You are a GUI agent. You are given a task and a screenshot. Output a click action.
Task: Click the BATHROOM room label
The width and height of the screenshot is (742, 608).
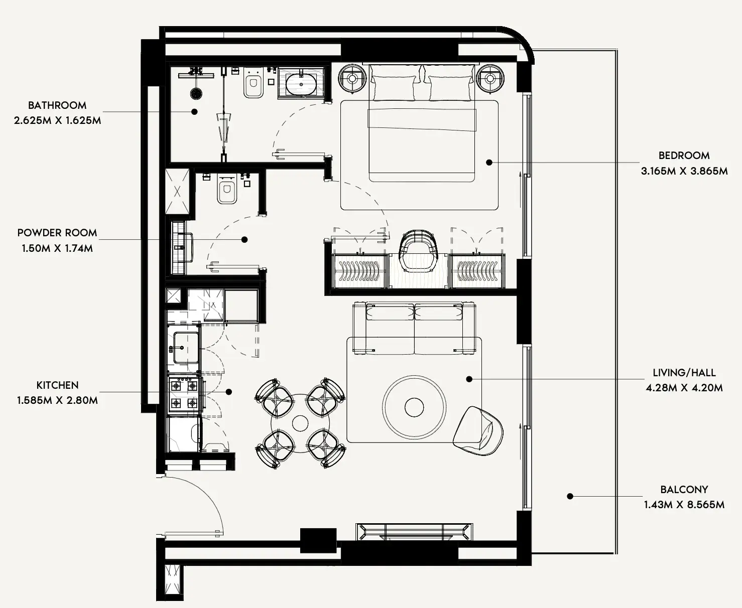click(x=57, y=105)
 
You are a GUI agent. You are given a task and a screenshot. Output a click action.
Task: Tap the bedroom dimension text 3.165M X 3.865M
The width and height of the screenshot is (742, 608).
click(x=684, y=171)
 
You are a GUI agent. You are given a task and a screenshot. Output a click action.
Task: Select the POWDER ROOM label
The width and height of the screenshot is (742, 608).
click(x=57, y=233)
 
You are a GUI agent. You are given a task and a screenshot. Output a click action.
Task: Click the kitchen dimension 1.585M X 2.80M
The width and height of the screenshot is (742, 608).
click(x=57, y=400)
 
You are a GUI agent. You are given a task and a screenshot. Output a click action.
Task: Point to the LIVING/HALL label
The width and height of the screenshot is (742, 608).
click(x=684, y=372)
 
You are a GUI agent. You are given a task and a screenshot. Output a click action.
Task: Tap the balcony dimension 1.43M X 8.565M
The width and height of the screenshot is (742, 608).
click(x=684, y=505)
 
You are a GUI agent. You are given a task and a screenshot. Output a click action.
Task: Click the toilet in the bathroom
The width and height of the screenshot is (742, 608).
click(x=254, y=82)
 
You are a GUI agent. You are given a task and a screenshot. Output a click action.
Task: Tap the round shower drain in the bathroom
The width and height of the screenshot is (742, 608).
click(x=196, y=93)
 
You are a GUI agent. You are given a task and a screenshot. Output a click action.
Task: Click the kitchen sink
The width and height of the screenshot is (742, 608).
click(x=185, y=348)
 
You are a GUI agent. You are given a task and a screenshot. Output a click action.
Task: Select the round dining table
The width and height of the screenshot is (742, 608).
click(x=300, y=423)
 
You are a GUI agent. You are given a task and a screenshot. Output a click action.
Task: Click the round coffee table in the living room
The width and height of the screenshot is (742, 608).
click(x=414, y=407)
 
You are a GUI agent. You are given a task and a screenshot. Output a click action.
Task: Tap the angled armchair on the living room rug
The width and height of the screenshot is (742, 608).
click(x=478, y=431)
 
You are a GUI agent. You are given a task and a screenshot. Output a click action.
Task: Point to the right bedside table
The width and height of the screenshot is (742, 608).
click(x=490, y=78)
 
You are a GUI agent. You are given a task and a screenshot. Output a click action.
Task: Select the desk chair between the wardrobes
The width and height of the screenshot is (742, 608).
click(x=418, y=250)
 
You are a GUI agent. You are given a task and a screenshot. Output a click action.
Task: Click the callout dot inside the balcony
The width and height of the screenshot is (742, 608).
click(x=570, y=496)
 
